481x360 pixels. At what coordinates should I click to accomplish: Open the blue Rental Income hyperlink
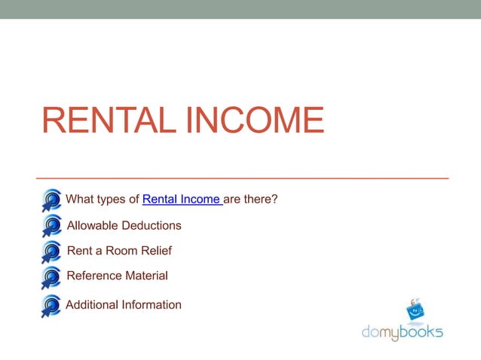pos(182,200)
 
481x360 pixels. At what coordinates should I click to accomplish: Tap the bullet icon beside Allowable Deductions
pos(51,226)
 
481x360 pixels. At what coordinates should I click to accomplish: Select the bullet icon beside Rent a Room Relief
pos(51,252)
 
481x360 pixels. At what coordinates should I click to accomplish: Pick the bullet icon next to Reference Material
pos(51,277)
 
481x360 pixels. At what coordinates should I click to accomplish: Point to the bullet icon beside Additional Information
pos(51,306)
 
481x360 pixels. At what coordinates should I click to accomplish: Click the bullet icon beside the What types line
pos(51,200)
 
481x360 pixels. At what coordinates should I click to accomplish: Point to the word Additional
pos(91,305)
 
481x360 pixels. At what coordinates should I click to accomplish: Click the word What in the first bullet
pos(80,200)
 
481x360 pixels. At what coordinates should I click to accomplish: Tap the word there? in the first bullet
pos(262,200)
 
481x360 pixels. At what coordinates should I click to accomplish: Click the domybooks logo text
pos(401,331)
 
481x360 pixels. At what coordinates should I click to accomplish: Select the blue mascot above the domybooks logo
pos(415,310)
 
